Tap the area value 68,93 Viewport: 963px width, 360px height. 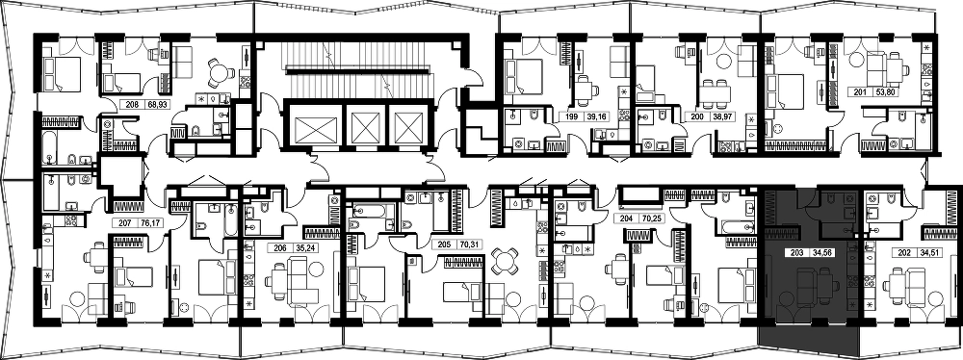coord(157,105)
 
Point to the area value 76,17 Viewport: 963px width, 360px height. coord(145,223)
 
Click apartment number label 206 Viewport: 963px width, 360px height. coord(279,248)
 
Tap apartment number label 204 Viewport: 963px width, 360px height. coord(625,217)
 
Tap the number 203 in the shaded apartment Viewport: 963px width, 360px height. coord(795,252)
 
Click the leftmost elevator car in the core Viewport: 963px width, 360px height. coord(313,129)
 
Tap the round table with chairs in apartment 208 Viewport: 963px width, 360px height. coord(220,73)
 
